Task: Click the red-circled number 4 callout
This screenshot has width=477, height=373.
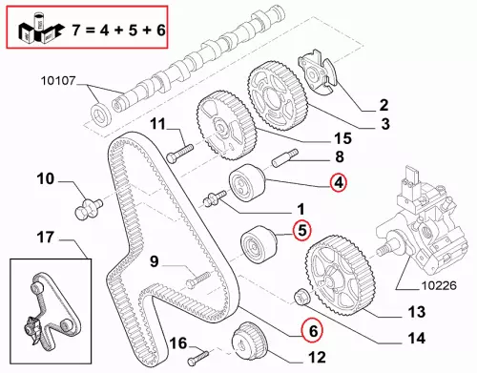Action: click(x=339, y=183)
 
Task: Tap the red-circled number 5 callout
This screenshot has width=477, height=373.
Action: click(x=301, y=230)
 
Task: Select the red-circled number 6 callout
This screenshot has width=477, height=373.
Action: click(x=312, y=331)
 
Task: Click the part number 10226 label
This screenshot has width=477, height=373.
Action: click(x=439, y=285)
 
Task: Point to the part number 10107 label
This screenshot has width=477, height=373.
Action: click(x=58, y=81)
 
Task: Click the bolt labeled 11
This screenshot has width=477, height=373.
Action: click(x=179, y=153)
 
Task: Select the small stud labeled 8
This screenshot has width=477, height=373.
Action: click(x=284, y=157)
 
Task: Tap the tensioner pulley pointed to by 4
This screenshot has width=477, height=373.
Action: click(x=247, y=183)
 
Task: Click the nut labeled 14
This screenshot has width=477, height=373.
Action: click(x=300, y=297)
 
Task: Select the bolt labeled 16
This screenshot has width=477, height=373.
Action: click(x=197, y=358)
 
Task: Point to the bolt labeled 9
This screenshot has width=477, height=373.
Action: click(x=198, y=279)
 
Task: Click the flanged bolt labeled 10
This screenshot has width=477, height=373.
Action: click(x=89, y=208)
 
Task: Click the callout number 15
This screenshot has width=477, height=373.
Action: click(x=342, y=138)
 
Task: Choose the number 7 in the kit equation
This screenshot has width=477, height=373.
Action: click(x=76, y=30)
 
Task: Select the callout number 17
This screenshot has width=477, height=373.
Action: click(x=46, y=238)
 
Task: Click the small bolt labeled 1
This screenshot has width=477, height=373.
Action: click(x=215, y=197)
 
